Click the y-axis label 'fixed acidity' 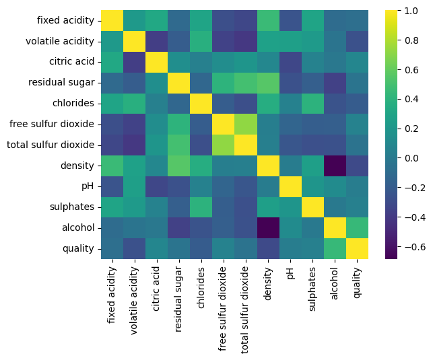coord(66,21)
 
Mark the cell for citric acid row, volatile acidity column coord(135,63)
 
